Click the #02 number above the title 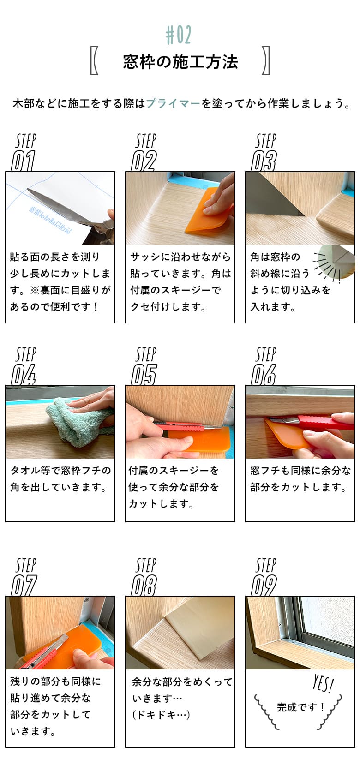point(179,35)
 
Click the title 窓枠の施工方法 point(180,62)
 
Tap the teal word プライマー point(173,103)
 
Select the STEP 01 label point(24,152)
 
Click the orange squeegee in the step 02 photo point(208,211)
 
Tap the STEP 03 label point(264,152)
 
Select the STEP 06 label point(264,366)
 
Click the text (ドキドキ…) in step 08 point(161,715)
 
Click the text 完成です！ point(301,707)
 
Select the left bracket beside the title point(94,60)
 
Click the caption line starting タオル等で point(60,471)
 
